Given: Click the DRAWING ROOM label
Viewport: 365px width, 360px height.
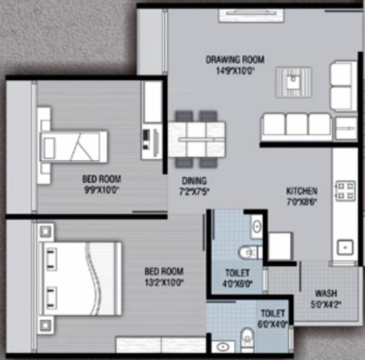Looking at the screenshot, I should pyautogui.click(x=235, y=60).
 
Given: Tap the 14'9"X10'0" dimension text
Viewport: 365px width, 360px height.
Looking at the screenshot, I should pyautogui.click(x=235, y=69).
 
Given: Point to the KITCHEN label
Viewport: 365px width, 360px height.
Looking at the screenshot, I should pyautogui.click(x=302, y=191).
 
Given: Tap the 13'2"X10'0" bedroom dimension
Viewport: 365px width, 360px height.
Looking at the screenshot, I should pyautogui.click(x=164, y=282).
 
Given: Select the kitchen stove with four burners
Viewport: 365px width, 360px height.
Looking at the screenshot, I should pyautogui.click(x=346, y=190).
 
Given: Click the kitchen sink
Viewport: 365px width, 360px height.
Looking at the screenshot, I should pyautogui.click(x=346, y=247).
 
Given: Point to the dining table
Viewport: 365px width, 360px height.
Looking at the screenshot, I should pyautogui.click(x=197, y=139).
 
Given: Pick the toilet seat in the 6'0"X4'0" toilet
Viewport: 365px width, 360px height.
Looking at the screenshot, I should pyautogui.click(x=247, y=336).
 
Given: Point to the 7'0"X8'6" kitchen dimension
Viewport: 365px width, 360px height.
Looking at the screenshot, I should pyautogui.click(x=302, y=201).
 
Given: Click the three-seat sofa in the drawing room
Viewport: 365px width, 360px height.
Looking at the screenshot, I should pyautogui.click(x=296, y=125).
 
